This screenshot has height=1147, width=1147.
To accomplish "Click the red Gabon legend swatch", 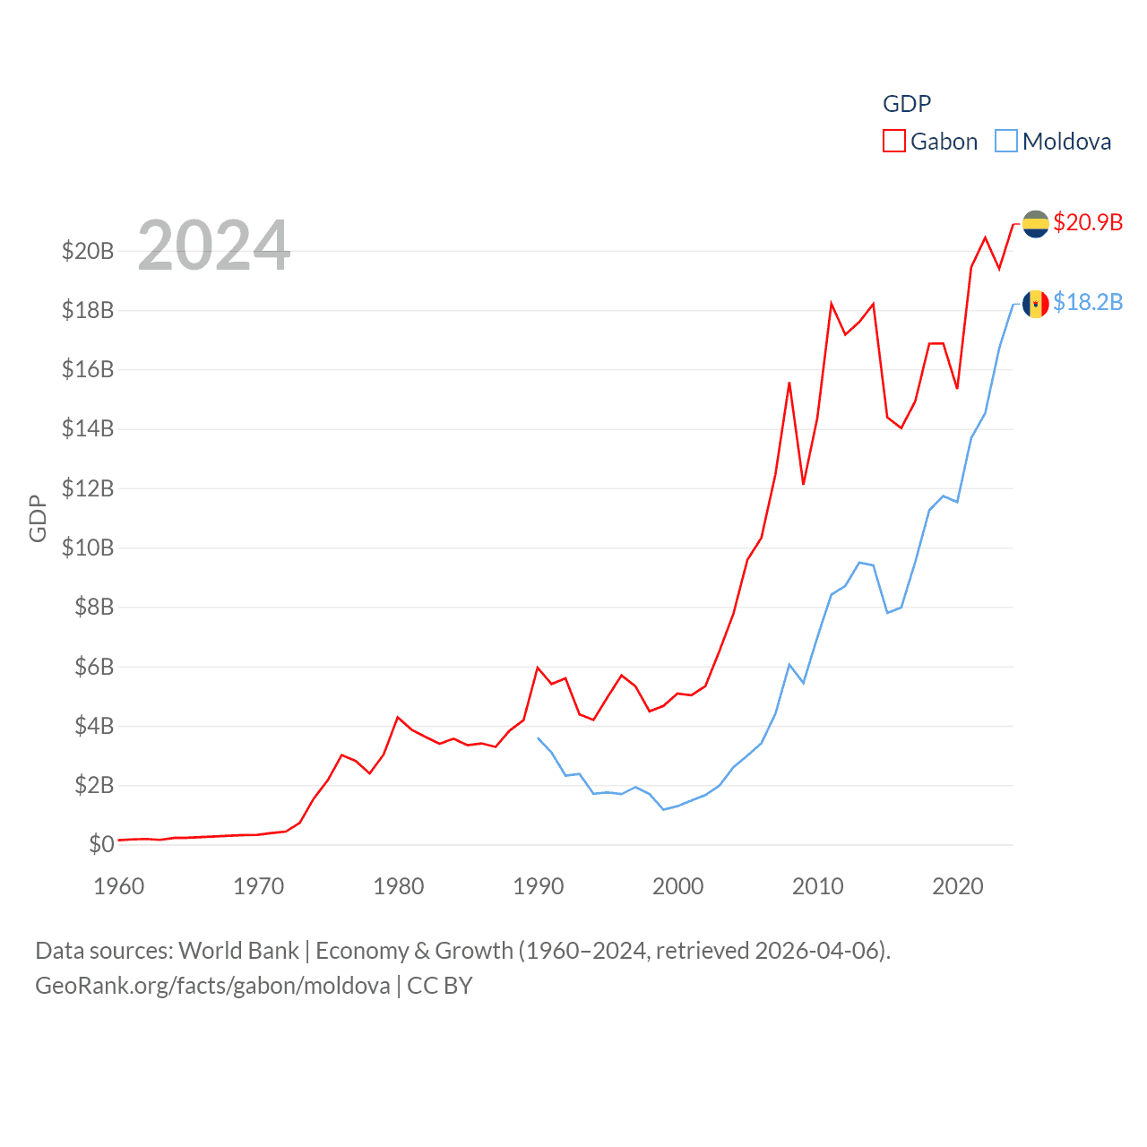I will (x=894, y=142).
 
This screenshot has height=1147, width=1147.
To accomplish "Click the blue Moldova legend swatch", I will (x=1006, y=142).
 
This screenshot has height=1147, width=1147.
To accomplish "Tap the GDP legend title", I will (x=907, y=104).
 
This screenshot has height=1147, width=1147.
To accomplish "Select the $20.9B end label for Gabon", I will (x=1088, y=222).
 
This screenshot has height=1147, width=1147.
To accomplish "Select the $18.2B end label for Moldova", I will (x=1088, y=302).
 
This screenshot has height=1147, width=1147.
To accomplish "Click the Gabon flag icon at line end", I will (x=1036, y=224).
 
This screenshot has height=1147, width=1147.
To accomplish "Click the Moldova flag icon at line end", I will (x=1036, y=304).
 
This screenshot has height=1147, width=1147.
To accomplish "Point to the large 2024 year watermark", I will (x=214, y=245).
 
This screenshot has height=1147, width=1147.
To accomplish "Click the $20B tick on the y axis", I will (x=88, y=251).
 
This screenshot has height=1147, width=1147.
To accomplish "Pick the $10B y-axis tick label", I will (x=88, y=548).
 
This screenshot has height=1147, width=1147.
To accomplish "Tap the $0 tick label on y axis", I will (x=101, y=844).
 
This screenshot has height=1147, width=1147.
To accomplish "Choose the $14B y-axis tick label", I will (x=88, y=428).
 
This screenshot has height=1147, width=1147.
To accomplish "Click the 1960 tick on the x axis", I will (x=119, y=886).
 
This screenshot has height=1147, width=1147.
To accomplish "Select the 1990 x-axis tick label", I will (x=539, y=886).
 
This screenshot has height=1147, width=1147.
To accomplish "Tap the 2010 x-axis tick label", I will (x=818, y=886).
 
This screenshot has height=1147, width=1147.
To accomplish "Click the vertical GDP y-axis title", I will (x=38, y=518).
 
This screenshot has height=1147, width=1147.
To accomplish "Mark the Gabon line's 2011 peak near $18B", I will (x=832, y=304).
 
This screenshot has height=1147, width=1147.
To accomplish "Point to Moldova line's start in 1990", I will (x=538, y=738).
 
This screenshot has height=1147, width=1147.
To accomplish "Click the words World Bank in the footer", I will (x=238, y=950).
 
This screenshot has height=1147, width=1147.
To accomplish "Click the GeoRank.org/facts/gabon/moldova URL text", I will (x=212, y=986).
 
